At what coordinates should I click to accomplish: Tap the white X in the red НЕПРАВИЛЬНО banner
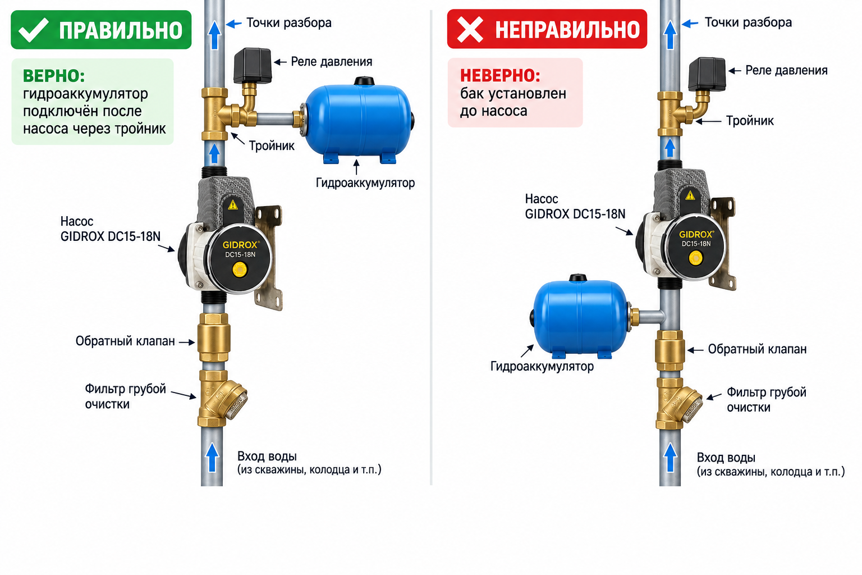coord(470,29)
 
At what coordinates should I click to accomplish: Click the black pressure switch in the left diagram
coord(253,66)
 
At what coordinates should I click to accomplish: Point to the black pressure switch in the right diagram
coord(707,74)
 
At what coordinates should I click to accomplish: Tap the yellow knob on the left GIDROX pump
coord(240,269)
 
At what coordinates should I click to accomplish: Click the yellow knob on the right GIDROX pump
coord(695,258)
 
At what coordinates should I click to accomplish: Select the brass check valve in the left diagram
coord(214,337)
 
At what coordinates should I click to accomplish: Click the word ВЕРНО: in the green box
coord(54,76)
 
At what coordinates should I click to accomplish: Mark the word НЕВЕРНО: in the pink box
coord(500,75)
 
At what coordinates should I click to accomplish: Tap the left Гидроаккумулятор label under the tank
coord(365,182)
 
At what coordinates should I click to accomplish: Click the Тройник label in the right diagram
coord(750,121)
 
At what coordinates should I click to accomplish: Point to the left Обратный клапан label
coord(125,341)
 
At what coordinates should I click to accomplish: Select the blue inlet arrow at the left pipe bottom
coord(212,457)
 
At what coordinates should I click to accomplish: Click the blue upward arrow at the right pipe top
coord(670,35)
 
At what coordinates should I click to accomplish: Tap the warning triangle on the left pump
coord(233,204)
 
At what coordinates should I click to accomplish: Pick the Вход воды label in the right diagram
coord(726,458)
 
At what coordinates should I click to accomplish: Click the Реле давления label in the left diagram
coord(331,62)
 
